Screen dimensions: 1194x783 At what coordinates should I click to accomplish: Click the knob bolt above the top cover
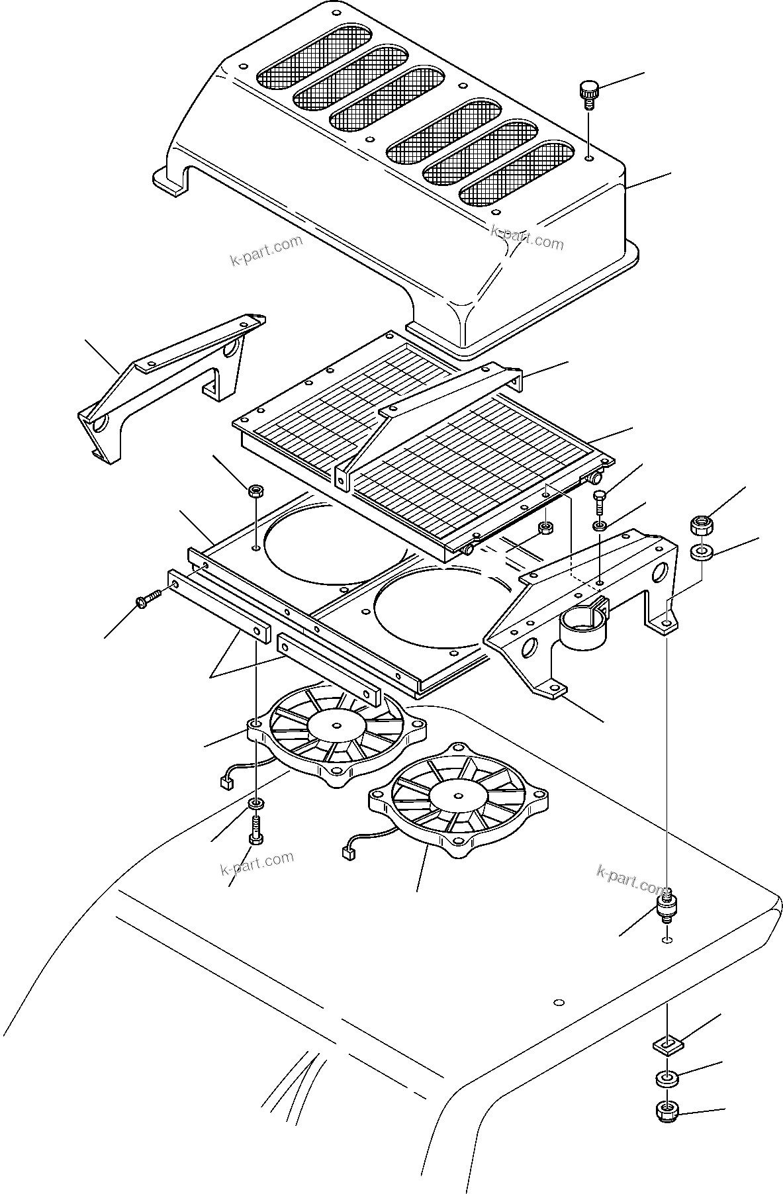[588, 91]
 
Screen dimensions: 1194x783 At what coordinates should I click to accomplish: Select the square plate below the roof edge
[667, 1045]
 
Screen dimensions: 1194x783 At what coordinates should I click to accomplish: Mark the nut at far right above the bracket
[700, 526]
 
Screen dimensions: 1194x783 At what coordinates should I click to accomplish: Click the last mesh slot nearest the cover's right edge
[516, 173]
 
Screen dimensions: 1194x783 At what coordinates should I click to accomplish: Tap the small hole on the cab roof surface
[559, 1002]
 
